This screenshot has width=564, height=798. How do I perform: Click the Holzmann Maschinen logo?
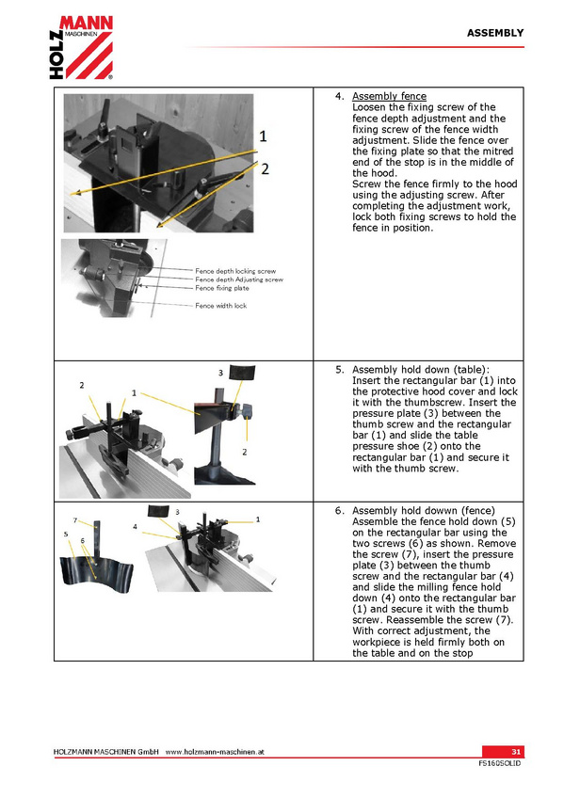81,47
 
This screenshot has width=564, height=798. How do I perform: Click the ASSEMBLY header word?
495,33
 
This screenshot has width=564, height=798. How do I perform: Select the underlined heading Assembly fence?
390,96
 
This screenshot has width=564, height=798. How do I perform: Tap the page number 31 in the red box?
516,752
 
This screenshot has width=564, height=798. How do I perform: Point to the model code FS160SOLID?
499,763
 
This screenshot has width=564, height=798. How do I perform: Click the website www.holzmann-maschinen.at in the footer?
215,752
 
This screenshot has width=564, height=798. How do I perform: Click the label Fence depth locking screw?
235,271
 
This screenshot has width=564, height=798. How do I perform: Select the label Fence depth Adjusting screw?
239,279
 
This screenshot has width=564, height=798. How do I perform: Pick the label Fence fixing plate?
222,288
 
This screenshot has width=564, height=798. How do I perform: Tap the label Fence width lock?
221,306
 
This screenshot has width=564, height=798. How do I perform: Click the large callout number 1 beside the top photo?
263,136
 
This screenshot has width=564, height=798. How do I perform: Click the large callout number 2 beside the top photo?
265,169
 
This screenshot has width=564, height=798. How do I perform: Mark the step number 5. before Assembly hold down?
340,370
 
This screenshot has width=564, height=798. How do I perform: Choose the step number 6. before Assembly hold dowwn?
340,511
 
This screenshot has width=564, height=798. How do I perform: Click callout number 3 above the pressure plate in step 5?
220,373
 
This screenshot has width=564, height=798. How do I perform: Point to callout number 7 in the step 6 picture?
74,520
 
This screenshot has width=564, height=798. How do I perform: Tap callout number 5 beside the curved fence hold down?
66,535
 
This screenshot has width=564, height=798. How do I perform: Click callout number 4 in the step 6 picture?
135,527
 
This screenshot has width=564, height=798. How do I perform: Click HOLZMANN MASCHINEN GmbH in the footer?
105,752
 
